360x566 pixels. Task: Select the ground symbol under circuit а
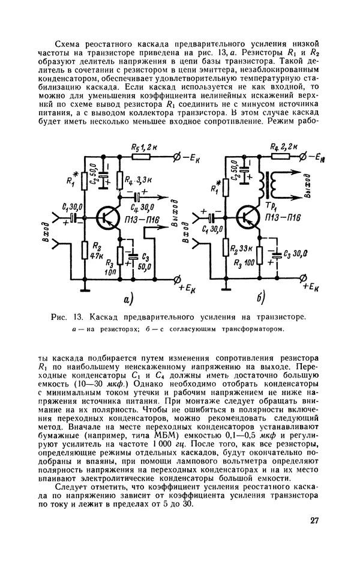pyautogui.click(x=86, y=289)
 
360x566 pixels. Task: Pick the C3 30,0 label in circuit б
pyautogui.click(x=289, y=254)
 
